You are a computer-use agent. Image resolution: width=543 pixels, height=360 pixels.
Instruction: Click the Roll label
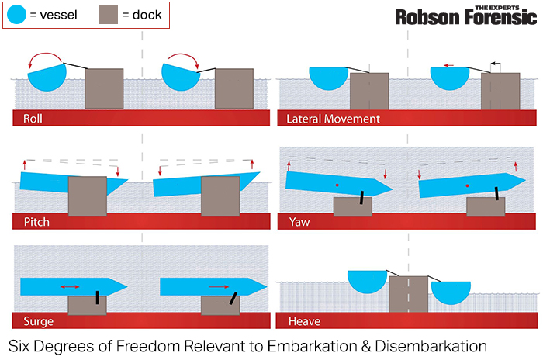[x=33, y=119]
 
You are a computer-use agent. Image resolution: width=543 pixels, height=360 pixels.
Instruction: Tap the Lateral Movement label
[x=333, y=119]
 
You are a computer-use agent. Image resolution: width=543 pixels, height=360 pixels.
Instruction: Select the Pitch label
[x=36, y=222]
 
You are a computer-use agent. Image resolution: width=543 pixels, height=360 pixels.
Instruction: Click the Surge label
[x=39, y=321]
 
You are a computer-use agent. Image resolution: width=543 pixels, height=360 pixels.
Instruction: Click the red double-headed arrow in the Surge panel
[x=70, y=287]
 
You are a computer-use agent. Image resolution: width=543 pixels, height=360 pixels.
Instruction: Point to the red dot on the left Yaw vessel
[x=336, y=186]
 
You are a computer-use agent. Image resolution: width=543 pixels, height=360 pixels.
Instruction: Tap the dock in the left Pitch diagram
[x=87, y=196]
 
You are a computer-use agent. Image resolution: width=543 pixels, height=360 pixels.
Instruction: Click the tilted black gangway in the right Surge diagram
[x=232, y=298]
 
